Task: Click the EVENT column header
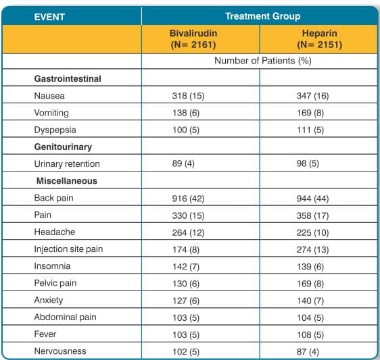pos(49,17)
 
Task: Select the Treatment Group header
pos(263,16)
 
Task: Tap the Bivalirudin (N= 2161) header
pos(193,39)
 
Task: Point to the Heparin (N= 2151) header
pos(320,39)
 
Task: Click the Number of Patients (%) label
pos(263,61)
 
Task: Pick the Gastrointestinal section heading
pos(68,78)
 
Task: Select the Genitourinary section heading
pos(63,147)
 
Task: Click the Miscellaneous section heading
pos(67,181)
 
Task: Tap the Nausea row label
pos(49,96)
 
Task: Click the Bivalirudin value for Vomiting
pos(186,113)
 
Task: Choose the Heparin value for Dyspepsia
pos(310,130)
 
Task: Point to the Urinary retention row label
pos(67,164)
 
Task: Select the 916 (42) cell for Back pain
pos(188,199)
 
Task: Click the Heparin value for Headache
pos(312,232)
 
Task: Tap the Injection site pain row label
pos(68,249)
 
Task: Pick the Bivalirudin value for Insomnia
pos(186,267)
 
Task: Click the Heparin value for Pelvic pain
pos(310,284)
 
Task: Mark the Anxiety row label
pos(49,300)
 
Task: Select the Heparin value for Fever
pos(310,335)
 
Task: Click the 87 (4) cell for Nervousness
pos(308,352)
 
